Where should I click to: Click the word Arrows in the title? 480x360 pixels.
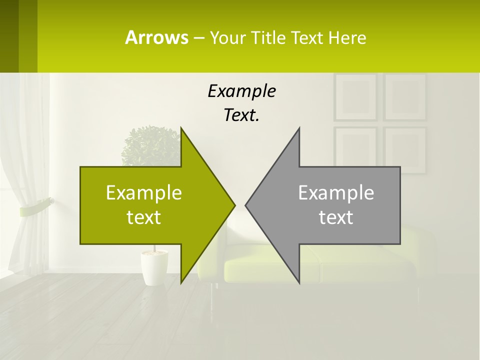coord(156,37)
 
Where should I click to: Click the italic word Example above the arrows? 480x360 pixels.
coord(241,91)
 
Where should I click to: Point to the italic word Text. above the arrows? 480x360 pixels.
coord(241,115)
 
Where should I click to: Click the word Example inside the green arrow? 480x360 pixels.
coord(144,192)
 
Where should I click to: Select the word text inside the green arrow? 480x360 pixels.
coord(144,217)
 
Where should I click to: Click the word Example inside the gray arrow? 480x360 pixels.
coord(336,192)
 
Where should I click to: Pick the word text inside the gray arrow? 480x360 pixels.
coord(336,217)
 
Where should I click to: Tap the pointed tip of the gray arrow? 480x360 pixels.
coord(247,205)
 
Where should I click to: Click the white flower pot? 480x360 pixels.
coord(153,267)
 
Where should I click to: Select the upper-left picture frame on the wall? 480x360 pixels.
coord(355,97)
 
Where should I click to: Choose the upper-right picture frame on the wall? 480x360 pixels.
coord(405,97)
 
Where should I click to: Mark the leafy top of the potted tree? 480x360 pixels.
coord(150,145)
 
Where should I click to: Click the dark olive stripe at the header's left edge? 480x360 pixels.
coord(9,36)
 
